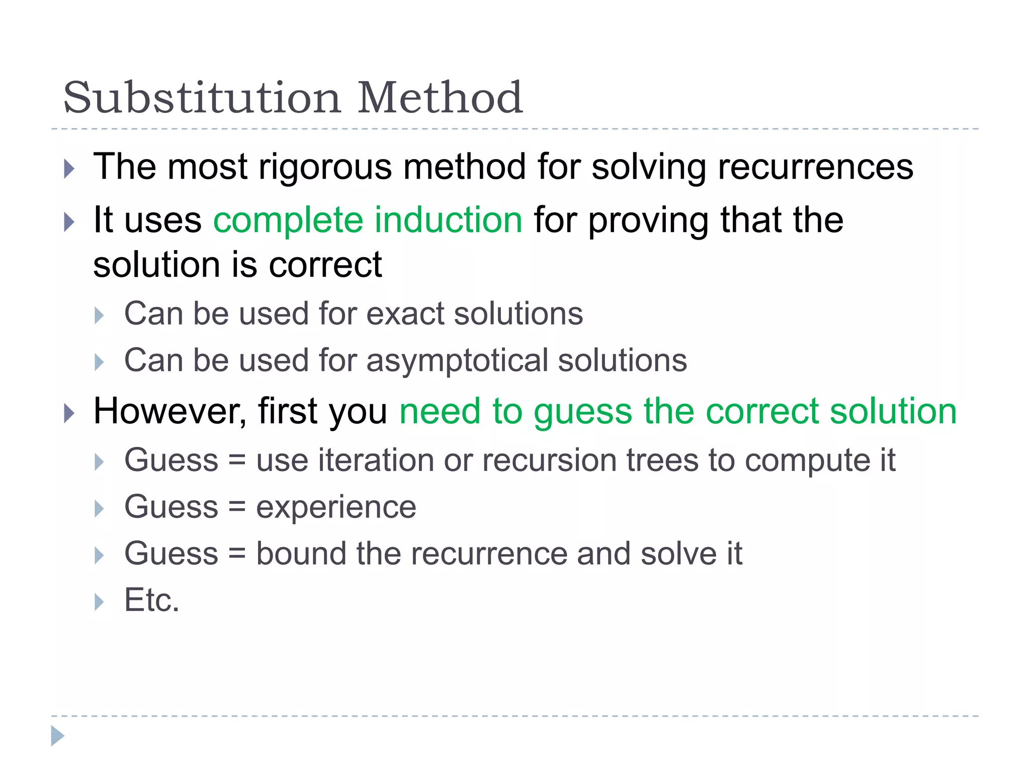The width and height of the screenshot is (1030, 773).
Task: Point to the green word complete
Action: [x=288, y=221]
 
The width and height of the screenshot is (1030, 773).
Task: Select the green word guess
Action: [x=582, y=412]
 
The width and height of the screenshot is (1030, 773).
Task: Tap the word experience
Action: [x=336, y=507]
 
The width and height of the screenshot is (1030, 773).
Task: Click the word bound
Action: [x=301, y=554]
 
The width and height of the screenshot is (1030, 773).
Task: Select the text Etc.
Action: [x=151, y=600]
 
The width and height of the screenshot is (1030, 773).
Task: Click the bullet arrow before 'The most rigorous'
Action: [x=69, y=169]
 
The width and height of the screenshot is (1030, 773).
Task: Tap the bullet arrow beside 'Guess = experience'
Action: [x=99, y=509]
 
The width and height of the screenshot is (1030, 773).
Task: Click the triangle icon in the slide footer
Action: [x=58, y=736]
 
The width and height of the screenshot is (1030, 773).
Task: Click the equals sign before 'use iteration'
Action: [x=237, y=461]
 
